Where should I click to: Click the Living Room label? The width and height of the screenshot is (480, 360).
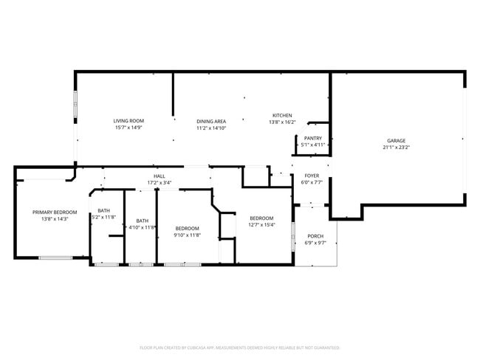pos(128,120)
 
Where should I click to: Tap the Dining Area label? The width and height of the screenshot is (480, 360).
pos(211,121)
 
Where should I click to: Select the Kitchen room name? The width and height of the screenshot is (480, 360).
pos(282,115)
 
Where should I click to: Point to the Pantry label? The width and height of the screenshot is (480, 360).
pos(312,138)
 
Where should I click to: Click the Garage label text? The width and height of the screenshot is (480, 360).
pos(396,140)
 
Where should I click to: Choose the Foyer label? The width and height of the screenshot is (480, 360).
pos(312,176)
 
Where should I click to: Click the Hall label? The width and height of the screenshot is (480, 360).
pos(159,176)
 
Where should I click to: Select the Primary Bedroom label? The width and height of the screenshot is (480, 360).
pos(55,212)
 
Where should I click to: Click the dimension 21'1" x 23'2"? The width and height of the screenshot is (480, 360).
pos(396,147)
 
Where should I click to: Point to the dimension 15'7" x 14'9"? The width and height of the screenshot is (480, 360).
pos(128,128)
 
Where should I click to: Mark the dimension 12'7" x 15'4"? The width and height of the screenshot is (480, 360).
pos(261,225)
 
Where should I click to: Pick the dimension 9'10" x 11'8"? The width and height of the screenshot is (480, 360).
pos(188,235)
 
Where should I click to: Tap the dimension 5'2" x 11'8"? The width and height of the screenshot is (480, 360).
pos(103,218)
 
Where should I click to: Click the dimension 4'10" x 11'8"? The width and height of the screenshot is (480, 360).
pos(142,227)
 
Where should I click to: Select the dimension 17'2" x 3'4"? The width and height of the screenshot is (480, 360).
pos(159,182)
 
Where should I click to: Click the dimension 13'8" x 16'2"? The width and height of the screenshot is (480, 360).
pos(282,122)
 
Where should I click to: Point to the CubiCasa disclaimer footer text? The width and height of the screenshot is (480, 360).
pos(239,347)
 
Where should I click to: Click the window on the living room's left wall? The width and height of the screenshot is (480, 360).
pos(74,105)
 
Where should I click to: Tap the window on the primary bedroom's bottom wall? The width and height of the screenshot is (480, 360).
pos(55,257)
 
